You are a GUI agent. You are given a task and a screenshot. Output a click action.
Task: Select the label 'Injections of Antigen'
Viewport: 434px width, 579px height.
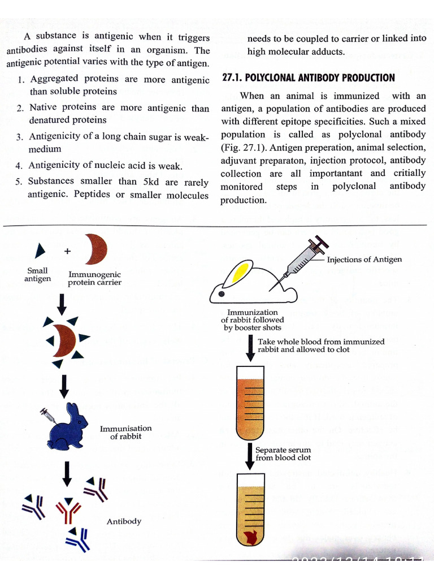(364, 260)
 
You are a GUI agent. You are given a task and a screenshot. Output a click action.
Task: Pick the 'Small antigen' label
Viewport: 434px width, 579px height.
(37, 274)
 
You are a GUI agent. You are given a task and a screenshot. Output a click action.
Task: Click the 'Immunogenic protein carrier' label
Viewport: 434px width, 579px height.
(94, 278)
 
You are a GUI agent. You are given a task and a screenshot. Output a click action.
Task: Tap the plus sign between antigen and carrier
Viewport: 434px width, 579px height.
(67, 250)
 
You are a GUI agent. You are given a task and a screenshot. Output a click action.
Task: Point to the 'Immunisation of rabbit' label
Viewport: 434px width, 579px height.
(125, 432)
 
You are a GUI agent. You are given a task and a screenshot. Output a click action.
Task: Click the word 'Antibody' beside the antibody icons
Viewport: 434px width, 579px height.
(124, 521)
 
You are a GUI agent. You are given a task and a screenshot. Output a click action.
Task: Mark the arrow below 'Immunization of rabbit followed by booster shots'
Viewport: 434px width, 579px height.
(249, 347)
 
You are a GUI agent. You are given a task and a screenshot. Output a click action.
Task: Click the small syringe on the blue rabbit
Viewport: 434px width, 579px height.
(47, 414)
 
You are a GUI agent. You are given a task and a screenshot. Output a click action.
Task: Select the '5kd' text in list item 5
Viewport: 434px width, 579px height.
(152, 182)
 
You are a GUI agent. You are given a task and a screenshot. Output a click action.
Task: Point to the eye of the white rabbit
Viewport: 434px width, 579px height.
(221, 294)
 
